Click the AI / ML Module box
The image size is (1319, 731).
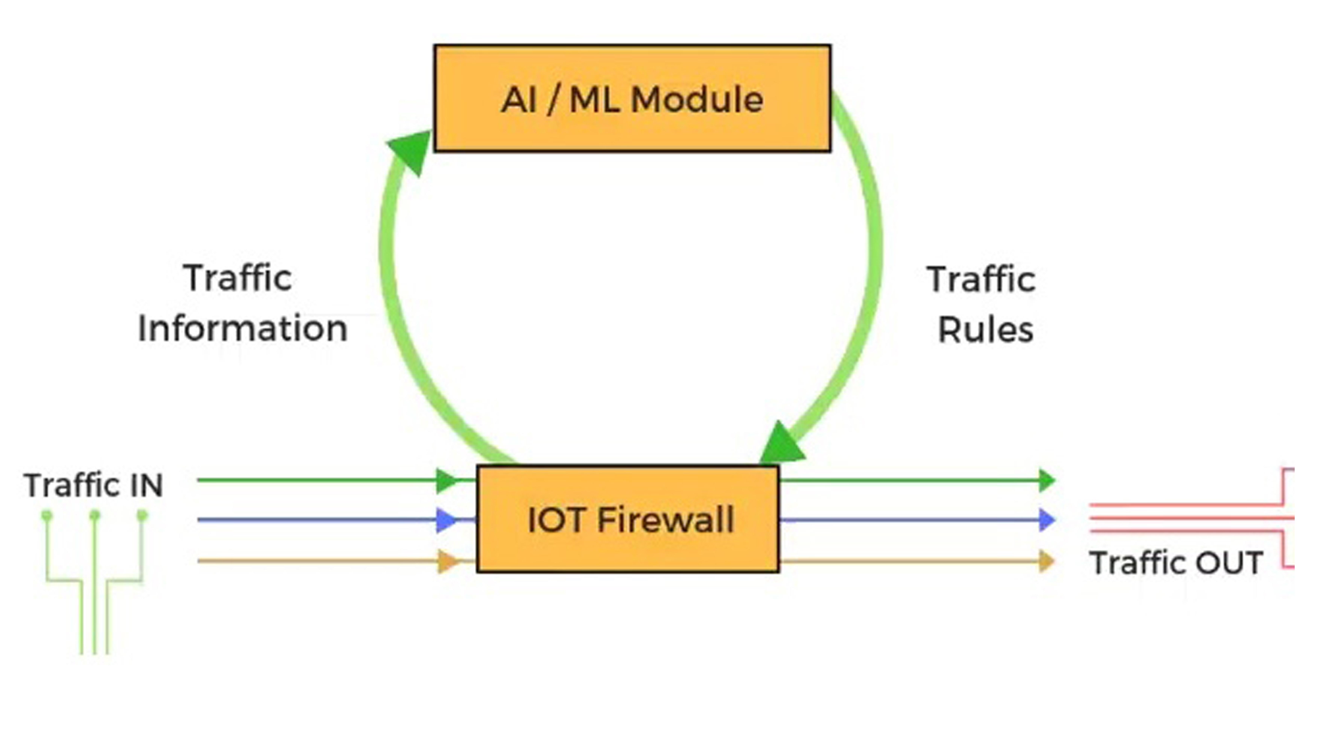(x=632, y=98)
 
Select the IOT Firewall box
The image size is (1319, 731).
(x=628, y=519)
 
